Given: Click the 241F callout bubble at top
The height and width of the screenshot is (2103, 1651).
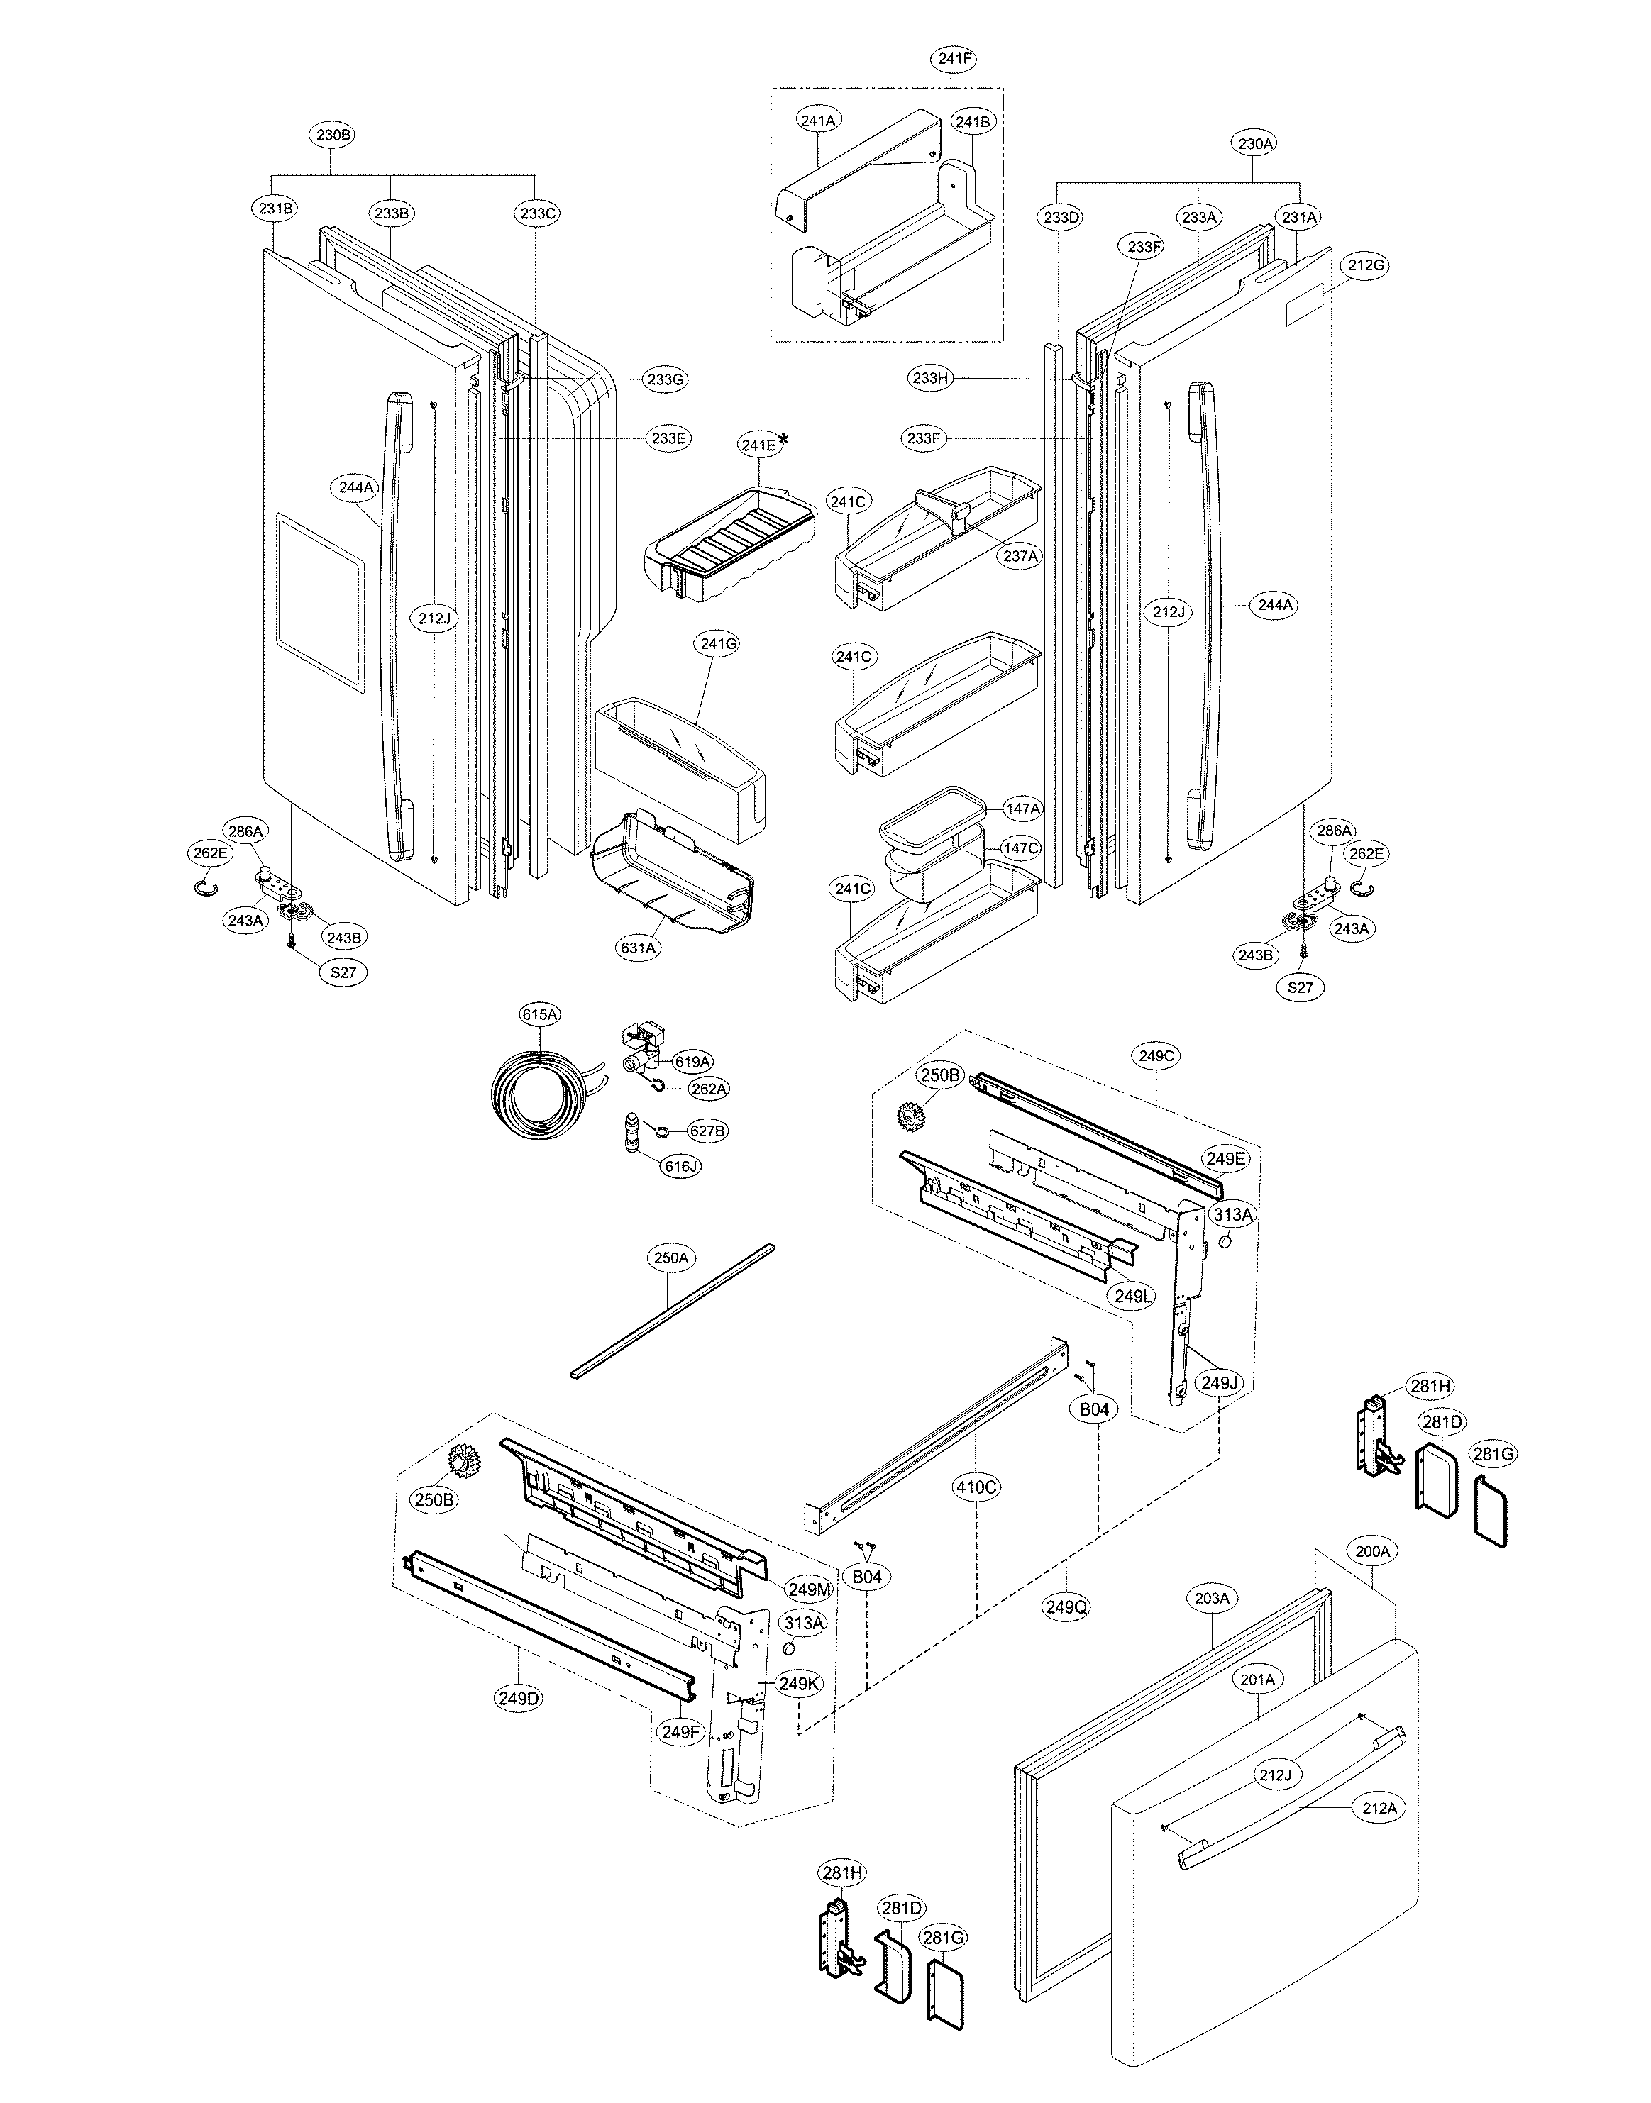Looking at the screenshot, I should tap(954, 59).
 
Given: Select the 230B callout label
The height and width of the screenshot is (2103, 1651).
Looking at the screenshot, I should tap(333, 135).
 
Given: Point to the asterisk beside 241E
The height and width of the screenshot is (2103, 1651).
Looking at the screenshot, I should tap(783, 440).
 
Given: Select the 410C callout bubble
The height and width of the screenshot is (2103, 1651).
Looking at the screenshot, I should tap(976, 1487).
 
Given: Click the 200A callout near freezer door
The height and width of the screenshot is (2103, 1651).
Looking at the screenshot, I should tap(1373, 1552).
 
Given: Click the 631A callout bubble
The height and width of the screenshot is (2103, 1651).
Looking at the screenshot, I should tap(639, 948).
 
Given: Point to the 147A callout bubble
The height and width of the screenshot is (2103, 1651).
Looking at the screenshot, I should tap(1022, 808).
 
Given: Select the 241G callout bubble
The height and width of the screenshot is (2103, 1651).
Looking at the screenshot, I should tap(717, 643).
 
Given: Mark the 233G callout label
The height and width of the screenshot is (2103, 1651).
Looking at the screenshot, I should tap(665, 379).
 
